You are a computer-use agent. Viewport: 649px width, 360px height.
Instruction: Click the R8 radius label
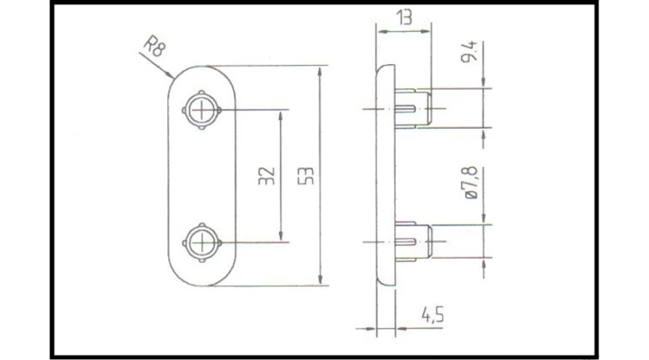coord(154,46)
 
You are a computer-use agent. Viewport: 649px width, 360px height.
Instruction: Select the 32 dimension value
coord(267,176)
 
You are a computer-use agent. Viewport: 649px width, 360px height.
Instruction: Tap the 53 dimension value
coord(307,176)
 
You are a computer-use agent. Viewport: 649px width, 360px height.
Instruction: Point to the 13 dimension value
coord(404,17)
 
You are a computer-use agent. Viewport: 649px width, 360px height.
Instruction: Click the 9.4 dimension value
coord(470,51)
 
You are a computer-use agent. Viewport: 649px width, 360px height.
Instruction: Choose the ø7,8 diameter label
coord(471,182)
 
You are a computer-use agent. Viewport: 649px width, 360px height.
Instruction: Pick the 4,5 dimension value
coord(432,315)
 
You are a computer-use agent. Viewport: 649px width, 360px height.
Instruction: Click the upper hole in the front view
coord(201,110)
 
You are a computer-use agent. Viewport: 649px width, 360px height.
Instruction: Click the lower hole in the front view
coord(201,242)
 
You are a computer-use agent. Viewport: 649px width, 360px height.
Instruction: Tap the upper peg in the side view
coord(414,109)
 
